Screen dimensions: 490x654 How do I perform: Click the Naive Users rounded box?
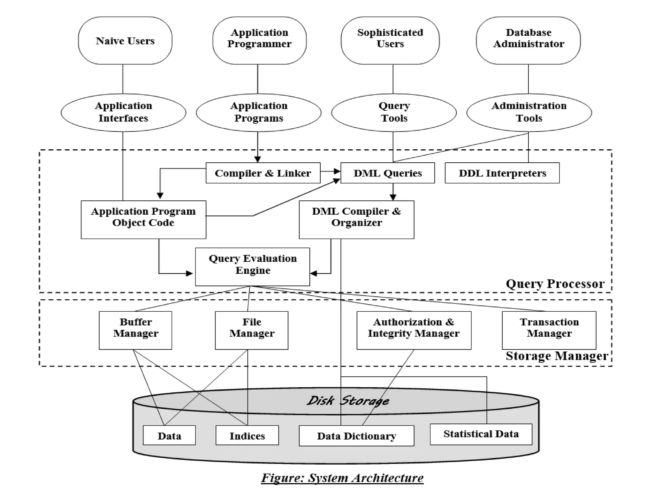[x=125, y=41]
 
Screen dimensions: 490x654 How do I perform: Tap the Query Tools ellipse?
[x=394, y=112]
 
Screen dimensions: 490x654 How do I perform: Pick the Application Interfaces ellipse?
[x=123, y=112]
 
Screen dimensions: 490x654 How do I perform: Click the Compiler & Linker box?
[x=263, y=173]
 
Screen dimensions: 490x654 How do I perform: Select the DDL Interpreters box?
[x=502, y=173]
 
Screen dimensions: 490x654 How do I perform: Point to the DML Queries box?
[x=387, y=173]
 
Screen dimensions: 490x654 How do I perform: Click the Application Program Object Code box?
[x=143, y=219]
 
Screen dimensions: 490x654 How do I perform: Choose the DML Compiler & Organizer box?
[x=356, y=219]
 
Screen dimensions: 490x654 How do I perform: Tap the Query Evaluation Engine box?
[x=252, y=267]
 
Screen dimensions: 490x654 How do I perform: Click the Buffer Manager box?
[x=135, y=330]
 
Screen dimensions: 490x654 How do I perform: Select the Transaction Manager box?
[x=549, y=330]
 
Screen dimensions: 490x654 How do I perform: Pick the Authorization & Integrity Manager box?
[x=414, y=330]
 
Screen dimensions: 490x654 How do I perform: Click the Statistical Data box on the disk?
[x=481, y=434]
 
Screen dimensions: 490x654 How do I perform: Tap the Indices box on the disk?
[x=247, y=435]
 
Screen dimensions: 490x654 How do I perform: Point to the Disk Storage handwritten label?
[x=348, y=401]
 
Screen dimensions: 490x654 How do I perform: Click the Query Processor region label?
[x=555, y=284]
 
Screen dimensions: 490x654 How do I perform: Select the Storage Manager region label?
[x=557, y=356]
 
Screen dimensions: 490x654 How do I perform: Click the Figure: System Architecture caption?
[x=342, y=478]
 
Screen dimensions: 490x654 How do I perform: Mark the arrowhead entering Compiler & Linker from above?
[x=258, y=159]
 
